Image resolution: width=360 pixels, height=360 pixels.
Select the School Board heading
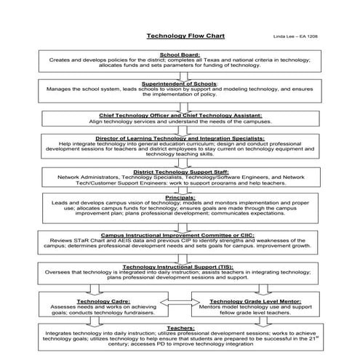pos(180,55)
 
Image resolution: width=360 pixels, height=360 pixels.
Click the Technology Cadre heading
pos(111,300)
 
